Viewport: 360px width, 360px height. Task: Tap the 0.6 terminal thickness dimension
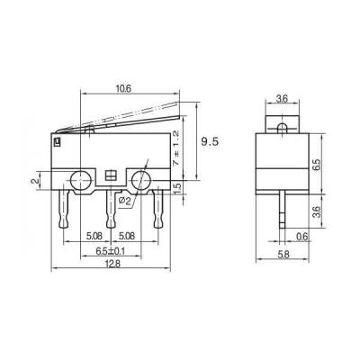click(x=301, y=237)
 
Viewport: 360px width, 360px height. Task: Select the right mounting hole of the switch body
click(x=141, y=180)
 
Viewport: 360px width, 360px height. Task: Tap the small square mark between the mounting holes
click(x=111, y=175)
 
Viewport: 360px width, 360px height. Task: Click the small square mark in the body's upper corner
click(x=57, y=139)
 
